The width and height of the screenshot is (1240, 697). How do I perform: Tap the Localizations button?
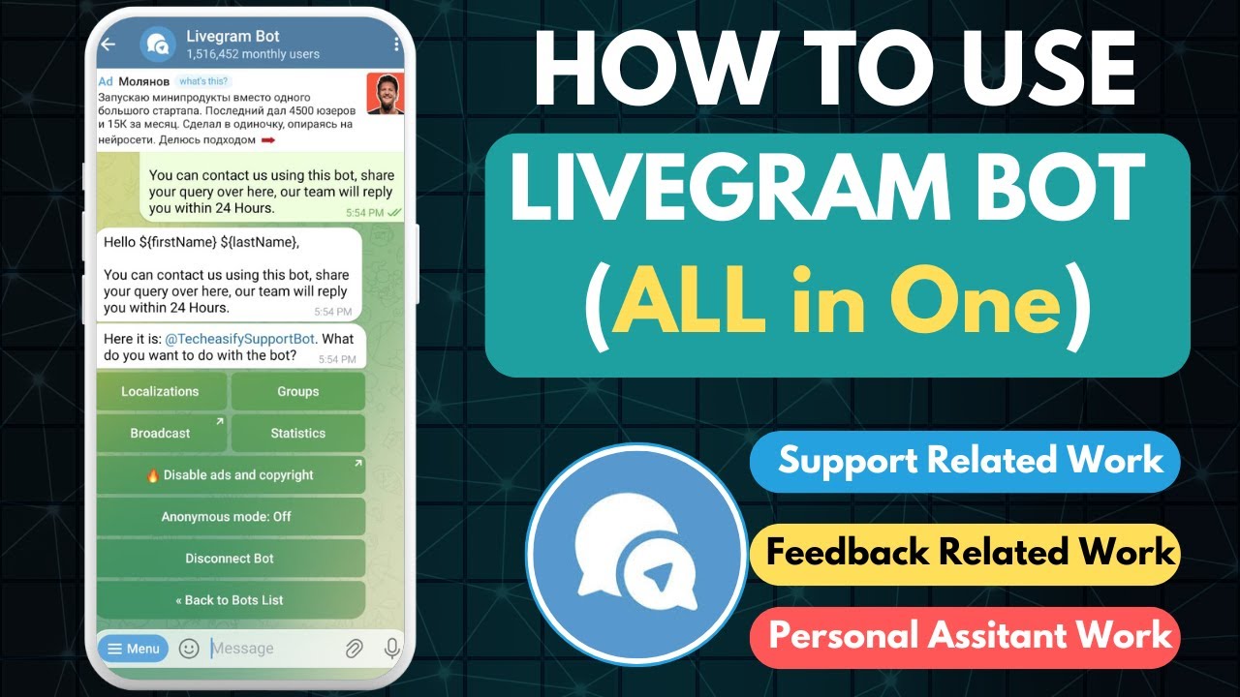coord(161,392)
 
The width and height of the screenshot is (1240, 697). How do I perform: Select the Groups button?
coord(298,392)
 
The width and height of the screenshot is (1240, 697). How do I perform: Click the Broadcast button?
coord(161,434)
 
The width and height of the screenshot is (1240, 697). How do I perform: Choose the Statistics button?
coord(298,434)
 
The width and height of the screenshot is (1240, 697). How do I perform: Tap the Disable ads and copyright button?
coord(231,475)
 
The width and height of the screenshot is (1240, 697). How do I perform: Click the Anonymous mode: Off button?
coord(231,517)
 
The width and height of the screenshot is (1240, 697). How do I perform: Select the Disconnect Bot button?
coord(231,559)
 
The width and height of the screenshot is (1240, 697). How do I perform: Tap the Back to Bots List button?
coord(231,600)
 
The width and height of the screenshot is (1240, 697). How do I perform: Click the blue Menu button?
coord(133,649)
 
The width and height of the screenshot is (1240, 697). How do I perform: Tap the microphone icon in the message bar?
coord(391,649)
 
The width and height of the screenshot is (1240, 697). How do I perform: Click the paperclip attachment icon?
coord(354,649)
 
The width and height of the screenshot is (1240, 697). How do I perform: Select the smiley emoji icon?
coord(189,649)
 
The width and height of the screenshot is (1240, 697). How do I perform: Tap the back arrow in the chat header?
coord(108,44)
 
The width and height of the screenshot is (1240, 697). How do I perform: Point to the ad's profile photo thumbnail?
coord(385,94)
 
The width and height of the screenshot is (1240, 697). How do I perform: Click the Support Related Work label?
coord(965,461)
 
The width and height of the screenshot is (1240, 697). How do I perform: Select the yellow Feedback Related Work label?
coord(965,554)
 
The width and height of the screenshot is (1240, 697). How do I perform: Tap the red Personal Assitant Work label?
coord(965,636)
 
